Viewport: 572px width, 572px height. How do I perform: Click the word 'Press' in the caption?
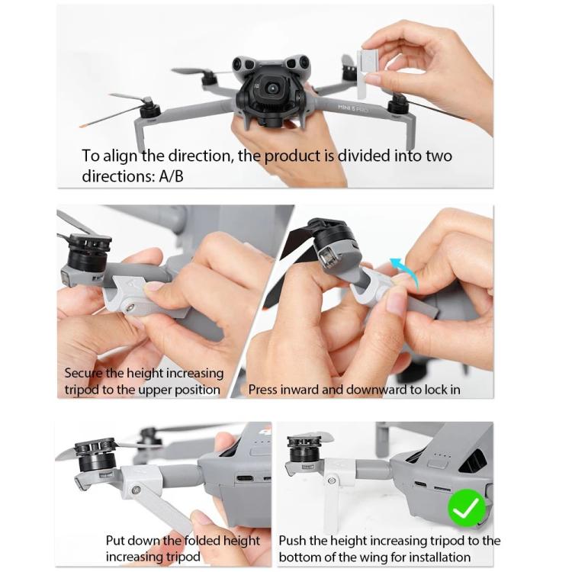pyautogui.click(x=263, y=390)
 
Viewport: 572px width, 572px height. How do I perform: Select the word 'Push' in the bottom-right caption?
pyautogui.click(x=292, y=541)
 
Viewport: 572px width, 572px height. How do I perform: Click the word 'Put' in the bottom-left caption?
pyautogui.click(x=117, y=541)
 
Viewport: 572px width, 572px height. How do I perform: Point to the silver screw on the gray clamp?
pyautogui.click(x=131, y=308)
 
